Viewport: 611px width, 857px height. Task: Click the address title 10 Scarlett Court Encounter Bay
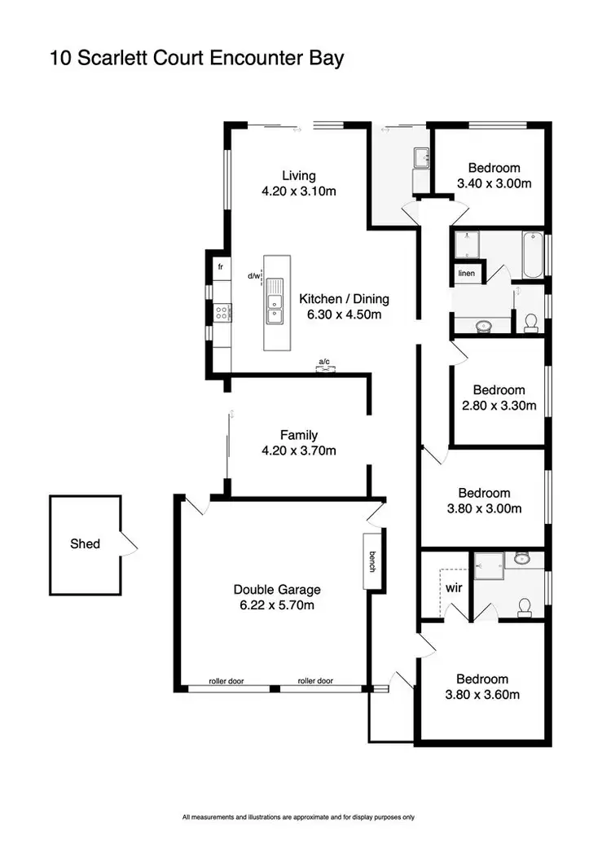[x=197, y=58]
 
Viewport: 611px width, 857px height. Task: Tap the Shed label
[x=85, y=543]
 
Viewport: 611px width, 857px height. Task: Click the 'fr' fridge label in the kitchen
[x=220, y=266]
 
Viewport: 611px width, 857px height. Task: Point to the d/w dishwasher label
[x=254, y=276]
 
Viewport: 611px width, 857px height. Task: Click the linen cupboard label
[x=466, y=273]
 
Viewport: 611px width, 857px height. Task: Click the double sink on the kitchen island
[x=276, y=303]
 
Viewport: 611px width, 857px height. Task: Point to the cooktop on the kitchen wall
[x=222, y=310]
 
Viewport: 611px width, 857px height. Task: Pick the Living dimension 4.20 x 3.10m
[x=299, y=191]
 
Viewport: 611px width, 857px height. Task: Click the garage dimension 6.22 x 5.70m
[x=277, y=605]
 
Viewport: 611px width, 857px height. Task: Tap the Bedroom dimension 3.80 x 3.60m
[x=483, y=695]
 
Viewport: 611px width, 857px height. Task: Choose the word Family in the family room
[x=299, y=435]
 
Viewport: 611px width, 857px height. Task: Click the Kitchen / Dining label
[x=344, y=298]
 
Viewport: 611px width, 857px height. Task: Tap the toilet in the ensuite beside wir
[x=525, y=606]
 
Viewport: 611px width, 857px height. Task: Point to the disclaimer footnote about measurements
[x=298, y=816]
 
